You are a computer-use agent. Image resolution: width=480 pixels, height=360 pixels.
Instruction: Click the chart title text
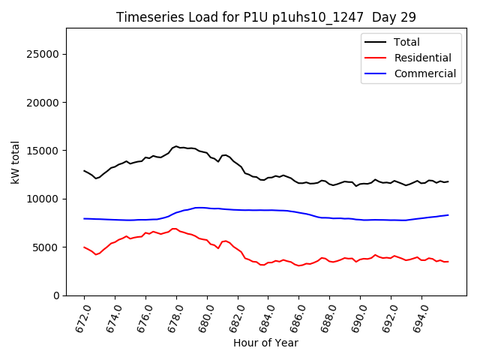pos(266,17)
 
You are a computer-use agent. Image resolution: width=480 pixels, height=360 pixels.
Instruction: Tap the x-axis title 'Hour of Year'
pos(265,343)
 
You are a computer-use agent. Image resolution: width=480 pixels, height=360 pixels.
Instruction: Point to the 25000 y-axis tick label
pos(42,54)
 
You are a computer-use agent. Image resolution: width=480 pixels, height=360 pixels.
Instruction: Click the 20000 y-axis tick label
pos(42,102)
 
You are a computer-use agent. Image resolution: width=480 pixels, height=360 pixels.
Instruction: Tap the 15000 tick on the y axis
pos(42,151)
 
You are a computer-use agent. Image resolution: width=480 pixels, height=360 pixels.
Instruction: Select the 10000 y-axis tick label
pos(42,199)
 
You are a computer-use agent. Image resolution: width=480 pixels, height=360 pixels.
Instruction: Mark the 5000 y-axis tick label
pos(45,247)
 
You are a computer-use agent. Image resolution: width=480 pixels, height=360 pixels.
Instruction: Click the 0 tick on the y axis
pos(55,295)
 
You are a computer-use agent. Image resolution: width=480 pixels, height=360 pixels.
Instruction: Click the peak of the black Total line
pos(176,146)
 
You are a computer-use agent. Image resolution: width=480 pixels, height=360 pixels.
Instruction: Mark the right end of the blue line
pos(448,215)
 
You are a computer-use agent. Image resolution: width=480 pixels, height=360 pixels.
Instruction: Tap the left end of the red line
pos(84,247)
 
